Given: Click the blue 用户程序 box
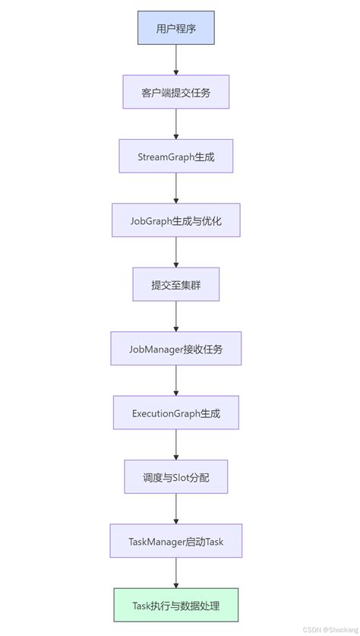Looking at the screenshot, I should click(x=175, y=29).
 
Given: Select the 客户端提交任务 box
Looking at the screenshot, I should click(x=175, y=93).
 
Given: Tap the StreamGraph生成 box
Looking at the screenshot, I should click(x=175, y=157).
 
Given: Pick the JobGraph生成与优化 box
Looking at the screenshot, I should click(x=175, y=221).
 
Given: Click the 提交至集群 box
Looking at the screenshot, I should click(x=175, y=285).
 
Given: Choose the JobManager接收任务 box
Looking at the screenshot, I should click(x=175, y=350).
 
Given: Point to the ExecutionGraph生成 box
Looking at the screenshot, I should click(x=175, y=413).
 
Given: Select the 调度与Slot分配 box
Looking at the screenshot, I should click(x=175, y=477).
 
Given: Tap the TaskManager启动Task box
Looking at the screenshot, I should click(x=175, y=542).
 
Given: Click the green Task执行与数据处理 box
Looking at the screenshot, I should click(x=175, y=606).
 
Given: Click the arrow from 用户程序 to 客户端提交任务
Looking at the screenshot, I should click(x=175, y=61).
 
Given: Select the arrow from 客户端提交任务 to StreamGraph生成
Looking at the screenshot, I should click(x=175, y=125).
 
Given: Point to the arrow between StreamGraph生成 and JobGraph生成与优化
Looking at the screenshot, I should click(x=175, y=188).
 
